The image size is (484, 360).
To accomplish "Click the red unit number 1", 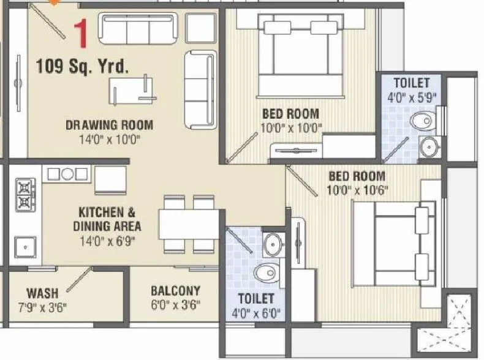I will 80,34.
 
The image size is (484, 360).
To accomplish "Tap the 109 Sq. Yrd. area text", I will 81,66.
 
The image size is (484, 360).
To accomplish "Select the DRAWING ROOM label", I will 109,126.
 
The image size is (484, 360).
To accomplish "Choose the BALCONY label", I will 175,291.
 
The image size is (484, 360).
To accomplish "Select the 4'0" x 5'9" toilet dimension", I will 411,96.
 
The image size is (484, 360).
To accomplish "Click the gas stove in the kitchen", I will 24,194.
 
